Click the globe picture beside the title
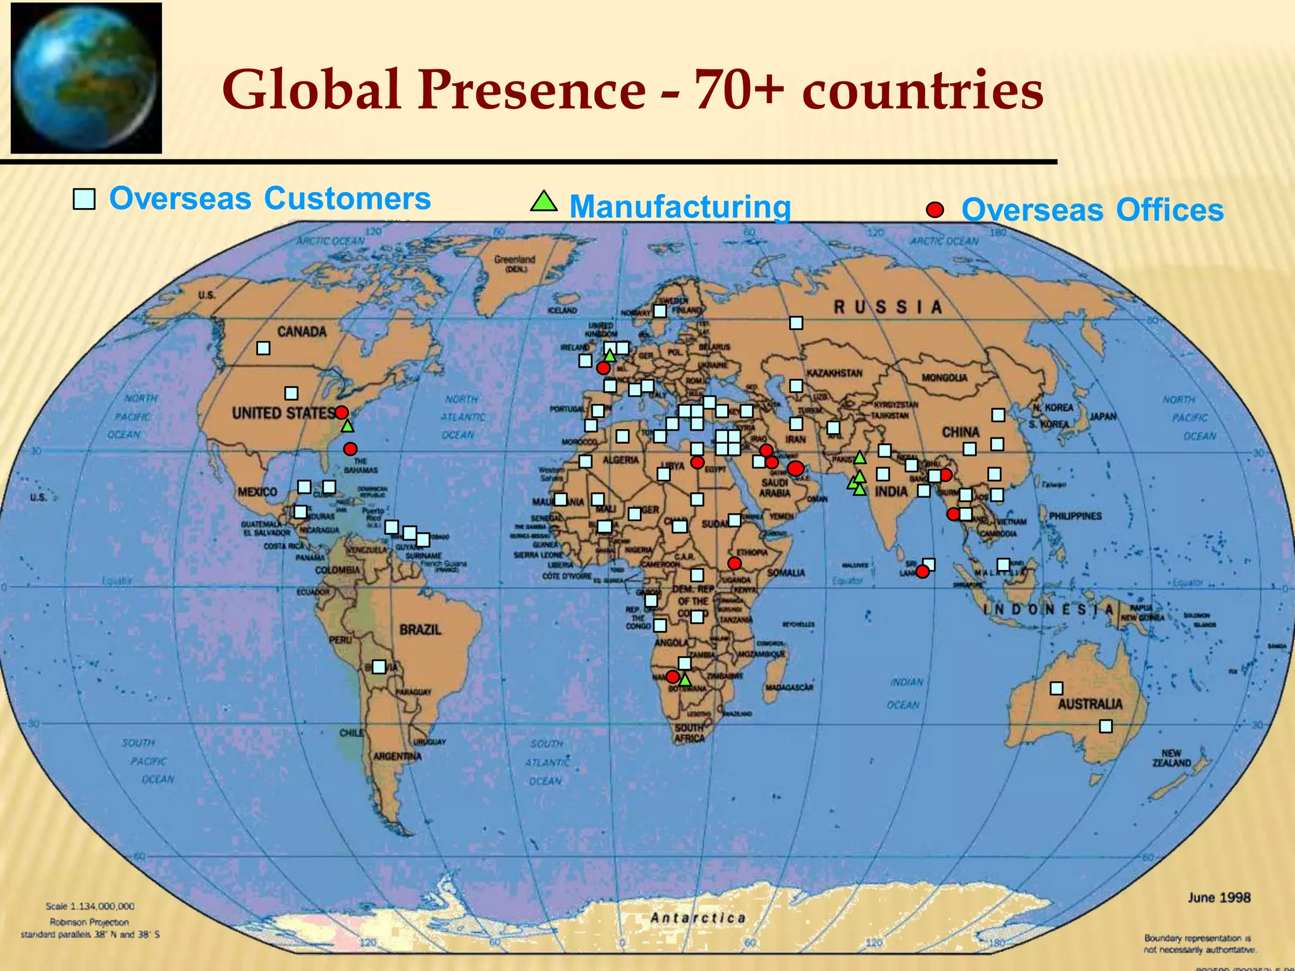point(86,78)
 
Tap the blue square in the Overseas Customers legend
point(84,199)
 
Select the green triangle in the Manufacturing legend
point(543,202)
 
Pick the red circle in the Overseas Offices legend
point(935,209)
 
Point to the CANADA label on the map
point(302,332)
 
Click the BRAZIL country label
point(420,630)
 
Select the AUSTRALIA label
point(1090,704)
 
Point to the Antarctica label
point(698,918)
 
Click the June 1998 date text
point(1218,898)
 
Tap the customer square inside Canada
point(263,348)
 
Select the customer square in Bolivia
point(379,666)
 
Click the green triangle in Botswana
point(685,680)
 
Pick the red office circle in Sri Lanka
point(923,571)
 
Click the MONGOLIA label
point(944,377)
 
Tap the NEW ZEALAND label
point(1171,758)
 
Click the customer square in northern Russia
point(796,323)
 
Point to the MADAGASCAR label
point(789,687)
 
